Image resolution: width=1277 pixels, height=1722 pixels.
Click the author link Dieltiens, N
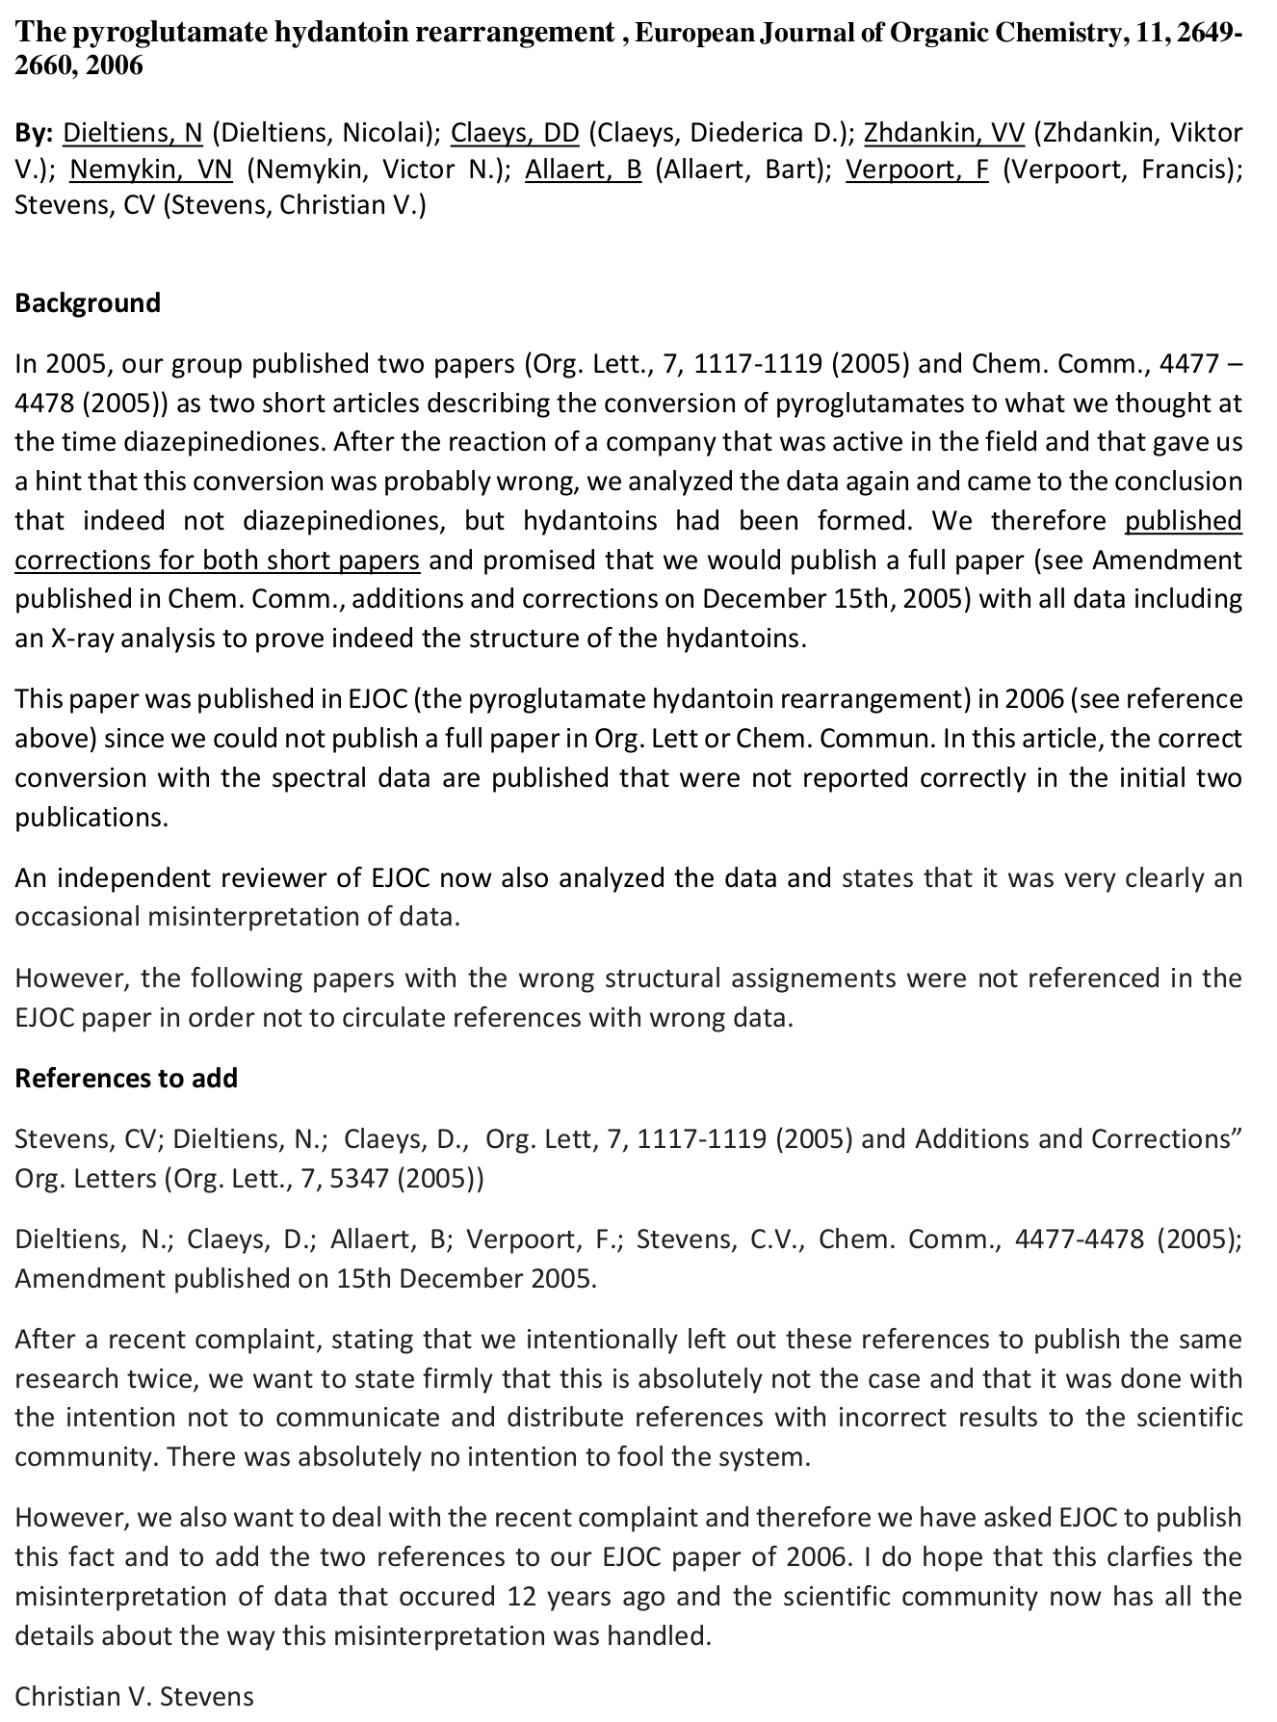[145, 132]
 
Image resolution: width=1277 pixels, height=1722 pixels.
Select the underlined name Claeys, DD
[514, 132]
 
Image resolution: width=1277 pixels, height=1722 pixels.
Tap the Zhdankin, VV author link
[944, 132]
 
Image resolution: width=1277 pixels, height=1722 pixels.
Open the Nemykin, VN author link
[151, 170]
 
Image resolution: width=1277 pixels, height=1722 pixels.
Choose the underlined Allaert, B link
[583, 170]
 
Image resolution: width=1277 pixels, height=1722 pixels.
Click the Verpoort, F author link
[916, 170]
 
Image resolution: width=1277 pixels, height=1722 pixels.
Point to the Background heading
[88, 303]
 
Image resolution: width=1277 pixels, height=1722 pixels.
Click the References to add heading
[126, 1078]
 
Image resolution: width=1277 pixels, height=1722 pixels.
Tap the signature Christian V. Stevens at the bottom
[134, 1696]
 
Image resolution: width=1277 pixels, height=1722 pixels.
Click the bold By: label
[37, 132]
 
